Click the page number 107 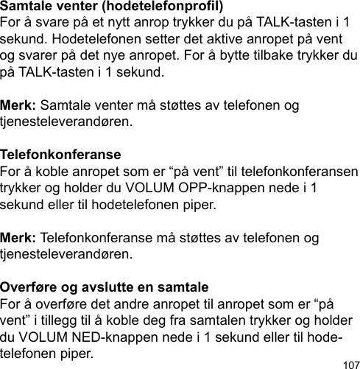pos(350,363)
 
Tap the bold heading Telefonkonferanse pos(62,156)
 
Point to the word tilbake pos(275,56)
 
